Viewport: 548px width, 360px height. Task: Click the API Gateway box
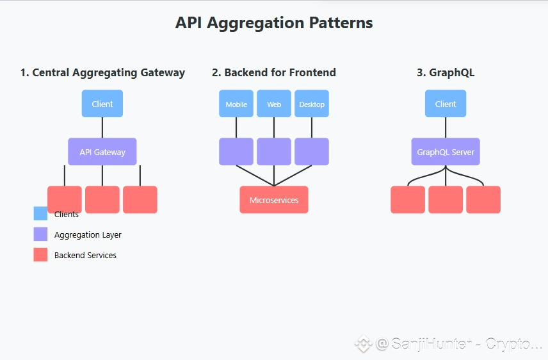(x=102, y=151)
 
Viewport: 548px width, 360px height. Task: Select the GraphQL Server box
(x=446, y=151)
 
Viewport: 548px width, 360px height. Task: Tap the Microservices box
(x=274, y=200)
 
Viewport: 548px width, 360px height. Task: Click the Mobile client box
(x=236, y=104)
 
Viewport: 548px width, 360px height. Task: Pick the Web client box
(x=274, y=104)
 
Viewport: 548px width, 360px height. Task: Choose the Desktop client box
(x=312, y=104)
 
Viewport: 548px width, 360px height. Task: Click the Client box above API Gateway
(x=102, y=104)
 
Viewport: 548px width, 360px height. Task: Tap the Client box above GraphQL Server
(x=446, y=104)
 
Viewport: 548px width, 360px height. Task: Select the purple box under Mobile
(x=236, y=151)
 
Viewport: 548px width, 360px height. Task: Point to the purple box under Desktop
(x=312, y=151)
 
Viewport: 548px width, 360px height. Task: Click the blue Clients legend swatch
(x=40, y=213)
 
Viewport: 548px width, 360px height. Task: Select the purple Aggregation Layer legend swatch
(x=40, y=234)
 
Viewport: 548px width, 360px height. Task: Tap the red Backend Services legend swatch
(x=40, y=255)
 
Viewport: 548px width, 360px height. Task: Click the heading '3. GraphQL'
(x=446, y=72)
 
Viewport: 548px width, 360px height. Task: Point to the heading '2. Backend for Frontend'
(x=274, y=72)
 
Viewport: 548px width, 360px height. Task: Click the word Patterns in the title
(x=341, y=23)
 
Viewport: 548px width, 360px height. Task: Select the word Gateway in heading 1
(x=163, y=73)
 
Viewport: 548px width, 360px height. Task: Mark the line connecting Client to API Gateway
(x=102, y=127)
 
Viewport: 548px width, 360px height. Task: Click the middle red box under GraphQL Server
(x=446, y=200)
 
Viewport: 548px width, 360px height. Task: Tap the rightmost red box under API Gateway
(x=140, y=200)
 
